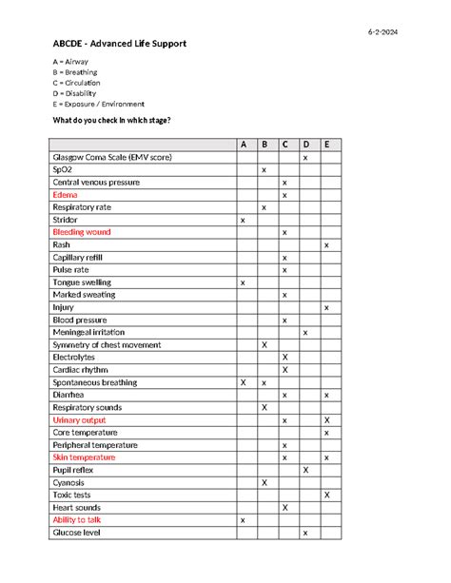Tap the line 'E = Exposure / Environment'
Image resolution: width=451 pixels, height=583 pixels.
(98, 104)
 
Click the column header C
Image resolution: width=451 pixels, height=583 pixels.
(284, 145)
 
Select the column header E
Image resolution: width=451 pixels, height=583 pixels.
(326, 145)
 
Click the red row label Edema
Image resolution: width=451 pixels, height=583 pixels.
(66, 194)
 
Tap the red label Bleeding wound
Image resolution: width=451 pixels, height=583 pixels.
(82, 232)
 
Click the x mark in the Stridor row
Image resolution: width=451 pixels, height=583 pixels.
(243, 220)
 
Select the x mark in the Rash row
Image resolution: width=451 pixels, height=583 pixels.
(326, 245)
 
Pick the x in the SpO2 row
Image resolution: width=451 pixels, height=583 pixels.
(264, 169)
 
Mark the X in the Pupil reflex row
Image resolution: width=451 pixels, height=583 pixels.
(305, 470)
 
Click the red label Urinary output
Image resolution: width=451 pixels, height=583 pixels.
(80, 419)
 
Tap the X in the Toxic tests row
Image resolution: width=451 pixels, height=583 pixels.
(326, 495)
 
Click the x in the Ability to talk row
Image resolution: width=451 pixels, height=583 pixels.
(243, 520)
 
